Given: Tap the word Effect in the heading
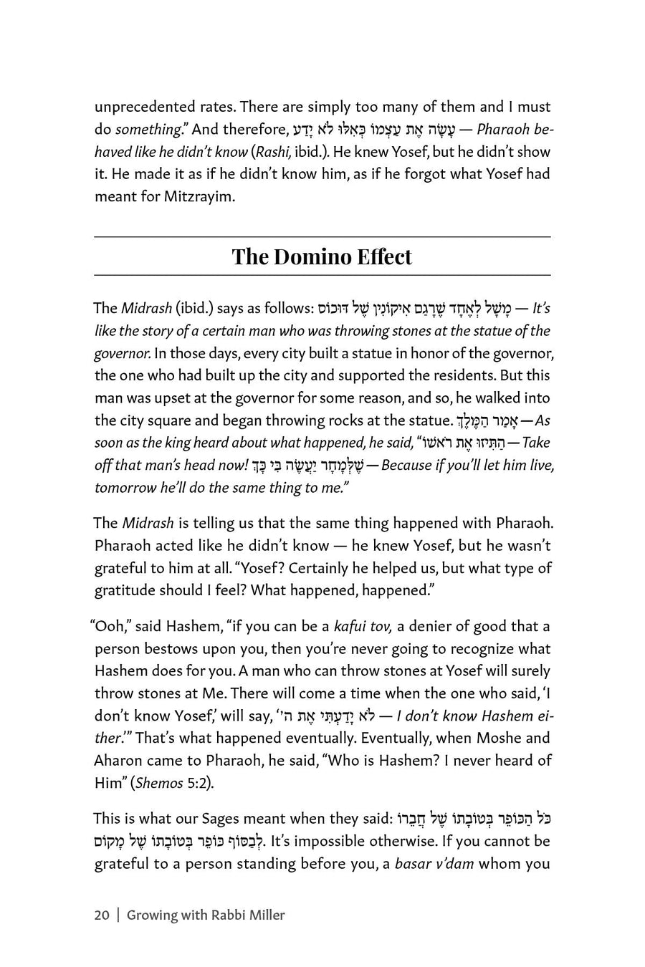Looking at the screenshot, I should [x=381, y=256].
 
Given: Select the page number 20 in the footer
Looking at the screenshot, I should [x=102, y=915].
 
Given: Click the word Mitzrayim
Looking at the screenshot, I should [x=199, y=196].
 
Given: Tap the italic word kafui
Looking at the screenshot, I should [x=352, y=627].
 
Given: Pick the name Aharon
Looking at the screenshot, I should [x=119, y=761].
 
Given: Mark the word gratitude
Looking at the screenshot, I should [x=125, y=591].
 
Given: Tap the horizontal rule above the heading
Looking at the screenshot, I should [x=322, y=237].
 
